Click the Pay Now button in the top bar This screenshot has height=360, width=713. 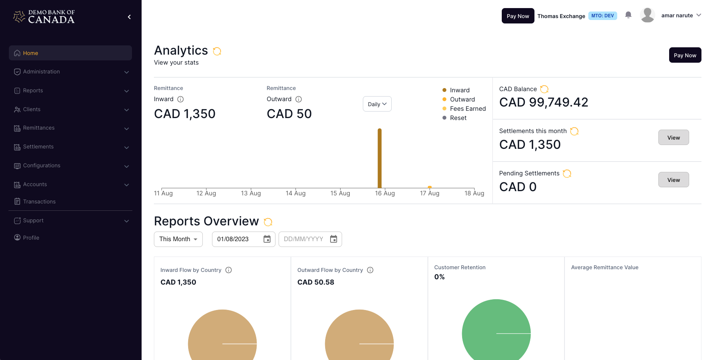click(x=518, y=16)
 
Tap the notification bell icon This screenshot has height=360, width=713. click(x=628, y=15)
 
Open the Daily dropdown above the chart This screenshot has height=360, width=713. click(x=377, y=104)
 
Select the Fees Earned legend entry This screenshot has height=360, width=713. click(x=468, y=109)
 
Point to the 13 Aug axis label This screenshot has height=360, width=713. click(x=251, y=193)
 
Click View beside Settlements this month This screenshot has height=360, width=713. click(x=673, y=138)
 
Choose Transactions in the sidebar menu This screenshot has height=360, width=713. click(x=39, y=202)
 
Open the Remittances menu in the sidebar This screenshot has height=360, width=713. click(x=39, y=128)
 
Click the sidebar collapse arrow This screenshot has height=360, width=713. click(x=129, y=17)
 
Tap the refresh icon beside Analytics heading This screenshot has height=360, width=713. click(x=217, y=51)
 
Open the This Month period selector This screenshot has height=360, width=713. click(x=178, y=239)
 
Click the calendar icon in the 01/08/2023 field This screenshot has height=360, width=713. click(x=267, y=239)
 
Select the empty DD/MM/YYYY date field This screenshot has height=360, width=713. click(x=304, y=239)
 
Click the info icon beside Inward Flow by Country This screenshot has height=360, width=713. click(x=229, y=270)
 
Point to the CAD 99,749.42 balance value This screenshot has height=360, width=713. click(x=543, y=102)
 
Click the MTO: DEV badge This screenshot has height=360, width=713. click(x=602, y=16)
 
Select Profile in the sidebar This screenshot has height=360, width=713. click(x=31, y=238)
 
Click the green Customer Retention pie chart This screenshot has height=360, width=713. click(x=496, y=331)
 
